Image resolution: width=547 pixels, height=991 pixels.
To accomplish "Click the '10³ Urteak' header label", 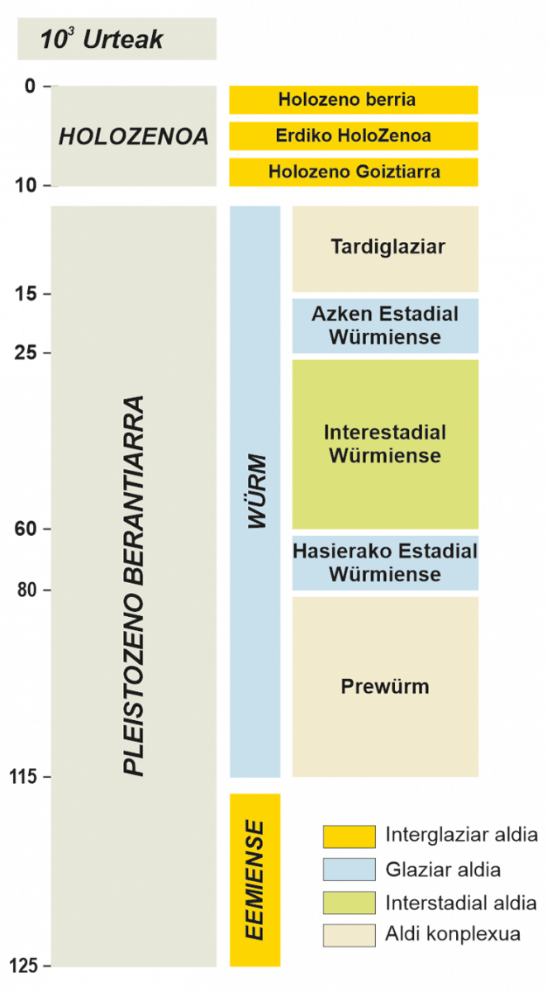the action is click(x=102, y=39).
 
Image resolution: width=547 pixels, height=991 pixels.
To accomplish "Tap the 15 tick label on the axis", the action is click(x=26, y=293).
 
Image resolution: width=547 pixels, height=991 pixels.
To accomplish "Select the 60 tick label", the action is click(x=26, y=529).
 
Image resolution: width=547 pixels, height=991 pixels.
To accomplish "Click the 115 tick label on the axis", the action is click(x=23, y=776).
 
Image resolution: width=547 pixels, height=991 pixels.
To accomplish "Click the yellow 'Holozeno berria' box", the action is click(x=354, y=100).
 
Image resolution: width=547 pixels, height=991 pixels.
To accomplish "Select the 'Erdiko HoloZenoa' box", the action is click(x=354, y=135).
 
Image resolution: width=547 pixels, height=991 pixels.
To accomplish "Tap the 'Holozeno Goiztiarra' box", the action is click(x=354, y=172).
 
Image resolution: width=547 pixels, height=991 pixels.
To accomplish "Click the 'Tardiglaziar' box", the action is click(x=386, y=249).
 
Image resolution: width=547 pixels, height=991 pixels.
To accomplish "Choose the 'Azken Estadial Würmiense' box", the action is click(x=386, y=325).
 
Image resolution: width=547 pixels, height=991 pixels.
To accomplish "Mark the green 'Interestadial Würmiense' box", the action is click(x=386, y=444).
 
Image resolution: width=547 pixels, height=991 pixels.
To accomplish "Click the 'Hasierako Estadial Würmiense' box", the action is click(x=386, y=562).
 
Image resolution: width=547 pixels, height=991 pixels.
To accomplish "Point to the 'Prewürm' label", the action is click(x=385, y=686).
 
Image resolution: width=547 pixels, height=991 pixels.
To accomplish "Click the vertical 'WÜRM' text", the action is click(x=257, y=491).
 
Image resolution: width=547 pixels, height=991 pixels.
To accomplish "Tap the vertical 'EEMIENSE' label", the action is click(x=255, y=880).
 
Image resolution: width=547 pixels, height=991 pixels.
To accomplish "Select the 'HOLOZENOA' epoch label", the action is click(x=134, y=136).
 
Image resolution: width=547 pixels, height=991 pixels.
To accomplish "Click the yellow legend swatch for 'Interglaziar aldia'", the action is click(x=350, y=837).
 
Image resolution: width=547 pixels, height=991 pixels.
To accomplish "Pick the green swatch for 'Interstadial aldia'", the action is click(x=350, y=903).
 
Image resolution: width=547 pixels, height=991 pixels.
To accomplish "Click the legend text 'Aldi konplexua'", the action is click(x=453, y=934).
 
